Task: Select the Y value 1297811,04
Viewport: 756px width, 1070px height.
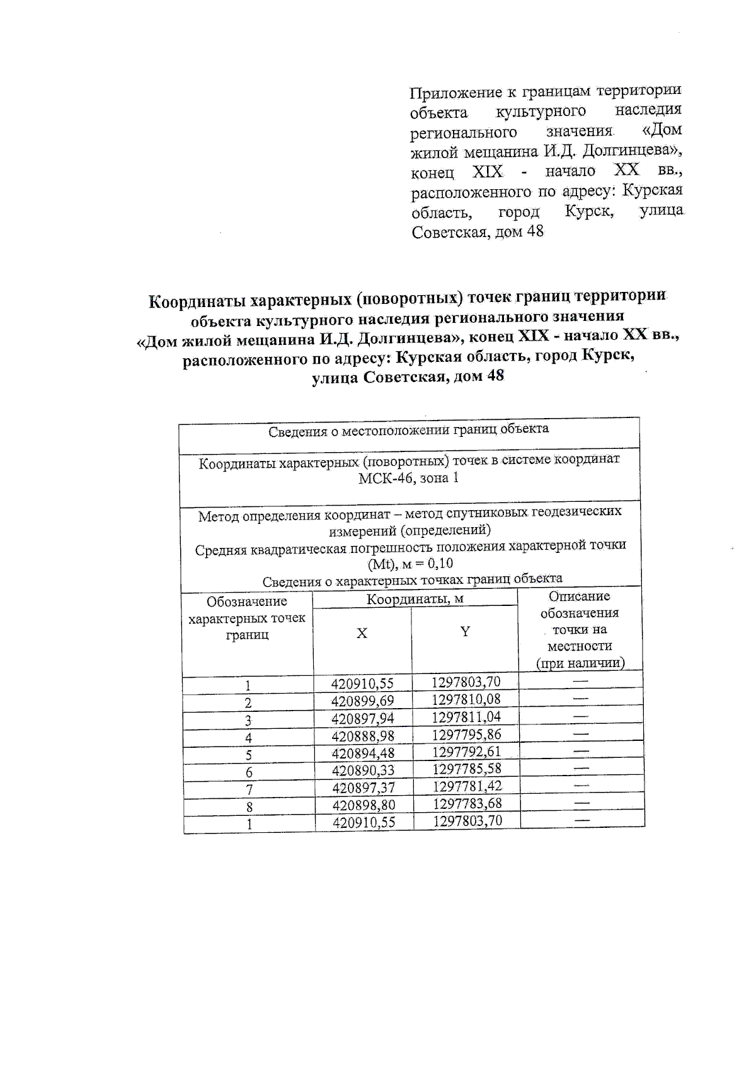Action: [x=466, y=717]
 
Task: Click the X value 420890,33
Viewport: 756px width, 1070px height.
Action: [x=362, y=771]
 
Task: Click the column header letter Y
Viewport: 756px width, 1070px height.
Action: [x=465, y=632]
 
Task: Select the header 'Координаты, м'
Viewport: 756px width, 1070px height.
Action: [x=415, y=599]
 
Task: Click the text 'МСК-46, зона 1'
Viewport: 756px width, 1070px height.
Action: [x=408, y=478]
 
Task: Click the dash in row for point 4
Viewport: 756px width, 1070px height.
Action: [x=581, y=734]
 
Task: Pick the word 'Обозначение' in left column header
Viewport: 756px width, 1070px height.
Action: [x=246, y=602]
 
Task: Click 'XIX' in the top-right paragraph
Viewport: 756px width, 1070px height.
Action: [x=487, y=172]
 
